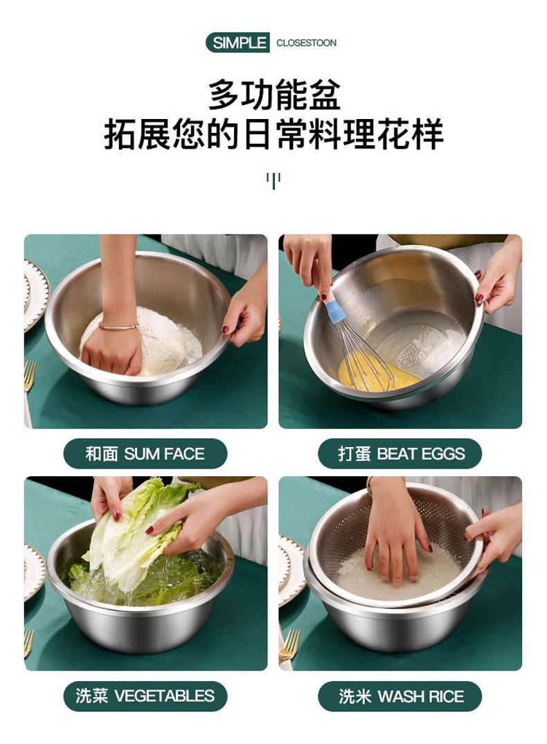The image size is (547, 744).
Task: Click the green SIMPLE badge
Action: click(x=238, y=43)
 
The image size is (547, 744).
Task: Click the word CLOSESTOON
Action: click(x=306, y=43)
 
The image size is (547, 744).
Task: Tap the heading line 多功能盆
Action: click(x=274, y=95)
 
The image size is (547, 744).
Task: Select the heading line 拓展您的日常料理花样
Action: click(x=274, y=134)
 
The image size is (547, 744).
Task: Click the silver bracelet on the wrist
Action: click(x=118, y=326)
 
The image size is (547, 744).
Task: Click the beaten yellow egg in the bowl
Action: click(x=375, y=374)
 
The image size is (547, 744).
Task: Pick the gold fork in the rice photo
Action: click(x=289, y=644)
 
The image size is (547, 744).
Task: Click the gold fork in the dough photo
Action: click(x=30, y=376)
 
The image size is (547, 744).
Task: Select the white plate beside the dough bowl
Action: click(x=35, y=294)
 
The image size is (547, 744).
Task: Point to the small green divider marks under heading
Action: click(x=273, y=181)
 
